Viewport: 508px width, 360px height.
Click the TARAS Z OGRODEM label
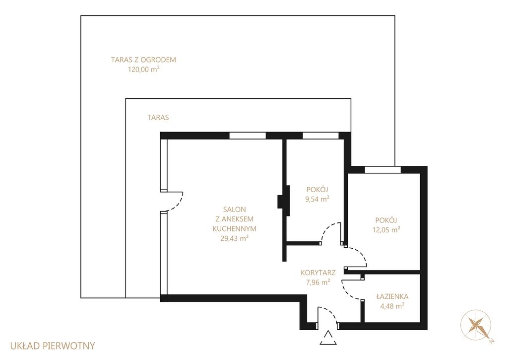[143, 60]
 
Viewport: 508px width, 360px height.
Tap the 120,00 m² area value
[144, 69]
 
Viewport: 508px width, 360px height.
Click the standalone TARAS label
[158, 117]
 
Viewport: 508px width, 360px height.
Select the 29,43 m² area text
[235, 238]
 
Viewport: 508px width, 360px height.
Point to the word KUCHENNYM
[235, 228]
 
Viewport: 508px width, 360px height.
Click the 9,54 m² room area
[317, 199]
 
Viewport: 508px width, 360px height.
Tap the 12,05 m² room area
[386, 229]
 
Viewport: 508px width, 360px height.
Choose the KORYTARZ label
[318, 273]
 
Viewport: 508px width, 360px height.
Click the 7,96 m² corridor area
[318, 282]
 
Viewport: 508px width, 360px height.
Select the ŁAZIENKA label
[392, 296]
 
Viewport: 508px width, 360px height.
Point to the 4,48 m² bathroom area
[392, 305]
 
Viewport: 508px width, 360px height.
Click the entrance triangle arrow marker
[328, 338]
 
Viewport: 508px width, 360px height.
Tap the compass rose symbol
[476, 325]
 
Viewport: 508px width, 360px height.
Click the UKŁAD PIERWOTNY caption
[53, 346]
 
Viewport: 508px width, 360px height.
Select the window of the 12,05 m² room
[382, 170]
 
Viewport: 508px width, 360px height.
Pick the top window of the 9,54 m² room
[321, 136]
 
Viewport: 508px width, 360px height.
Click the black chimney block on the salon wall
[283, 201]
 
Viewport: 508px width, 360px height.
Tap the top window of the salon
[248, 136]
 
